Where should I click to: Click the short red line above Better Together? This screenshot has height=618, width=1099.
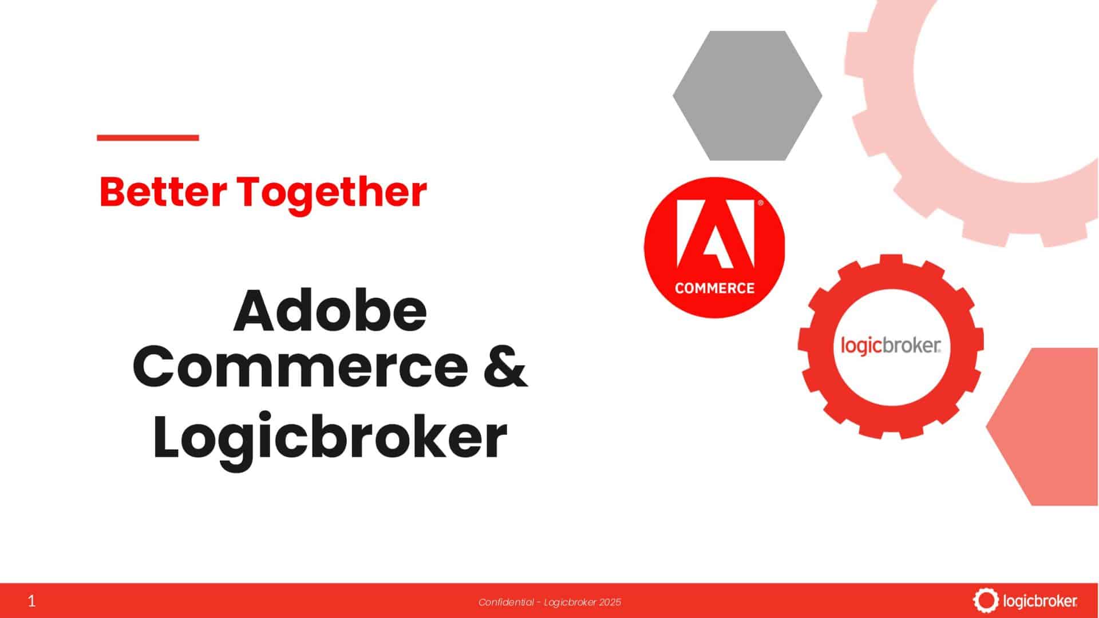pos(148,137)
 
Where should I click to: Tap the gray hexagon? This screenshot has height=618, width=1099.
pos(747,96)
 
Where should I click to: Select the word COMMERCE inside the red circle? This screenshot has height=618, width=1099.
pos(714,288)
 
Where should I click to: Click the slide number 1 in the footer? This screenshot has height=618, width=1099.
pos(31,601)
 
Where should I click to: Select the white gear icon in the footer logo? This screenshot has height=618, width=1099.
pos(985,600)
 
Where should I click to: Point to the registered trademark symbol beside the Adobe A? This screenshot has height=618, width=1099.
pos(760,203)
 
